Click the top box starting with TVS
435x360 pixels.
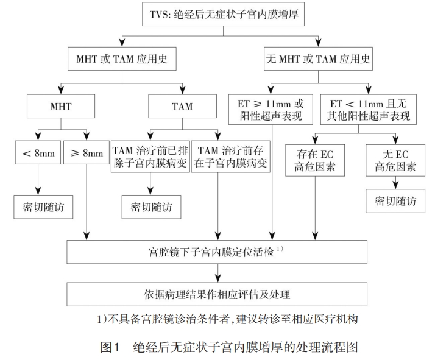218,13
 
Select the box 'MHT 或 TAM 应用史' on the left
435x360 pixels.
122,60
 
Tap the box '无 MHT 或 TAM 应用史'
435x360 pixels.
319,60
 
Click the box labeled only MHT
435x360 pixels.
60,106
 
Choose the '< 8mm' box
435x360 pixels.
38,153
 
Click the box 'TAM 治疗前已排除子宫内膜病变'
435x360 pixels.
149,157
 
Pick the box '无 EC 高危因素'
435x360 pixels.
395,158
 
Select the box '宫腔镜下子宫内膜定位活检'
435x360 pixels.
217,250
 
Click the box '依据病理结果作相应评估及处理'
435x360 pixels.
217,294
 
